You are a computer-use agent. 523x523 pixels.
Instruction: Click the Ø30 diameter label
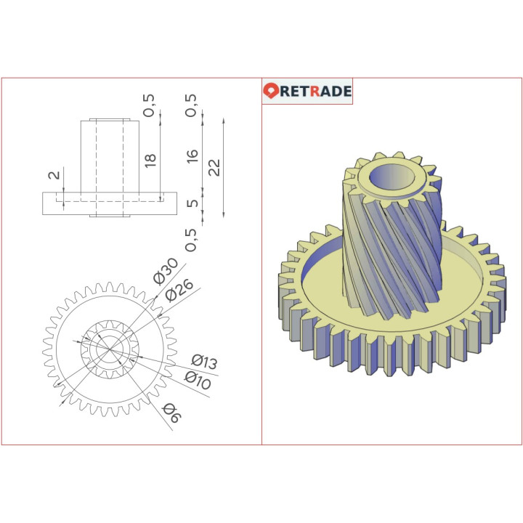click(166, 271)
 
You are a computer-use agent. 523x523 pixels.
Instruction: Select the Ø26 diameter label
click(179, 290)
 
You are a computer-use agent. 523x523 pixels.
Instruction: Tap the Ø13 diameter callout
click(204, 362)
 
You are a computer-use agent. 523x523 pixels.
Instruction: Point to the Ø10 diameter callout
click(198, 380)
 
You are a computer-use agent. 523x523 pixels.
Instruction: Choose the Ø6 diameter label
click(171, 413)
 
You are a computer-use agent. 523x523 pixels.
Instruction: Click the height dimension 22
click(214, 168)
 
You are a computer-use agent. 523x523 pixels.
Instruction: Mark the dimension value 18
click(150, 161)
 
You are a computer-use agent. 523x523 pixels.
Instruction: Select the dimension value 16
click(192, 155)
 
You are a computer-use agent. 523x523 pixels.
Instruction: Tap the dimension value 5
click(192, 203)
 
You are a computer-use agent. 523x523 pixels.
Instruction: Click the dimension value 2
click(54, 175)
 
